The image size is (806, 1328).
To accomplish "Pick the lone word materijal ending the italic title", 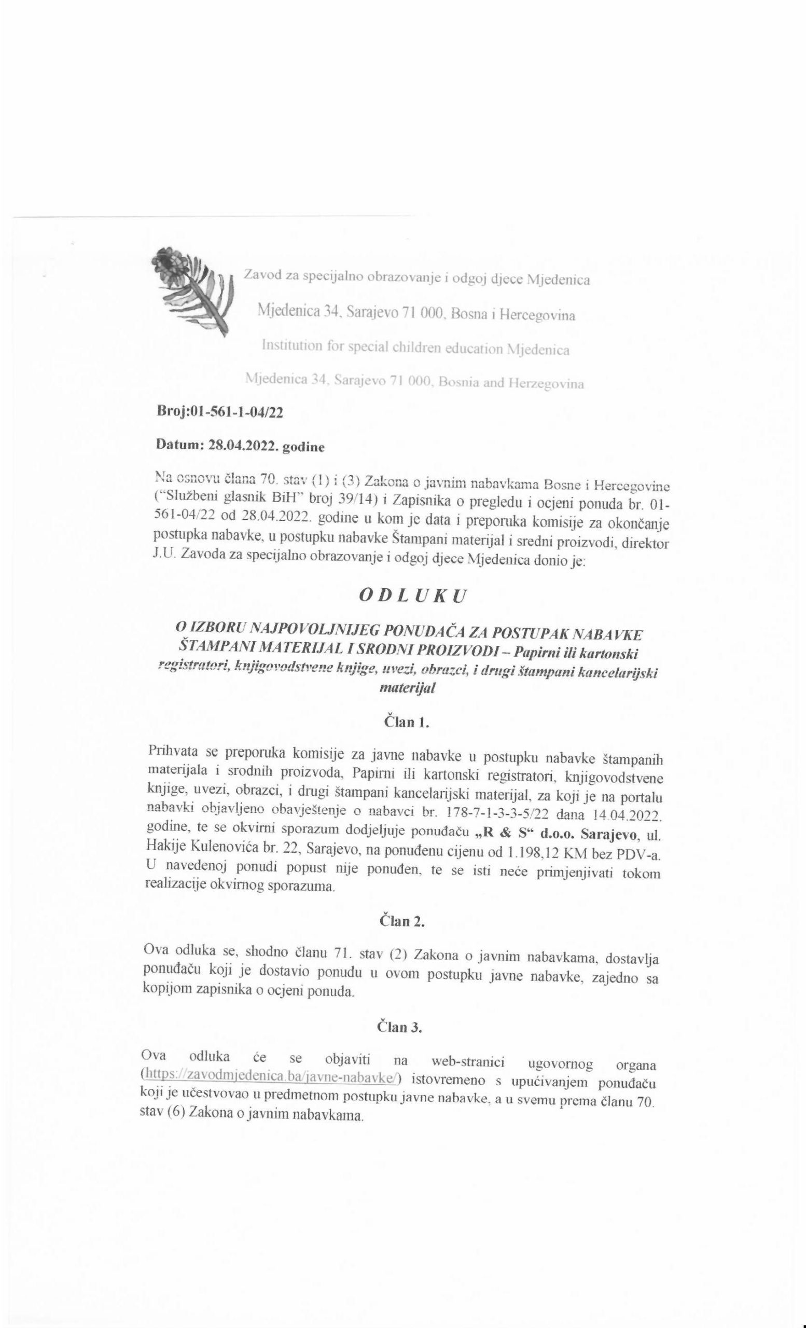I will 407,688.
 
